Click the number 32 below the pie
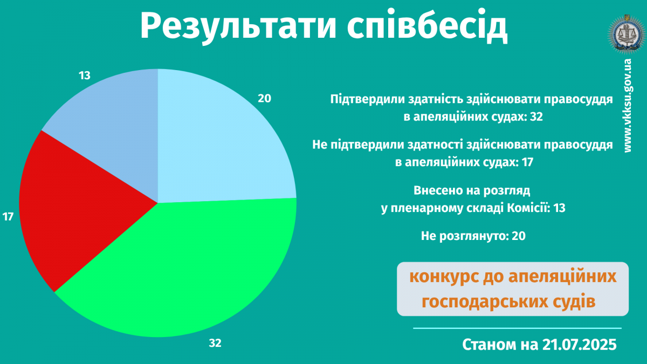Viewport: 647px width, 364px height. [x=215, y=343]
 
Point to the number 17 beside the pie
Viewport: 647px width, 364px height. [x=8, y=217]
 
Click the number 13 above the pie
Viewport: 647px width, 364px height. [x=85, y=75]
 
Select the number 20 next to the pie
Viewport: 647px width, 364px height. [x=264, y=99]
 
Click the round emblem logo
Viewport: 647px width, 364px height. [x=627, y=35]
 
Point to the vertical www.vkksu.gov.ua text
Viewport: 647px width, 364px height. [x=628, y=106]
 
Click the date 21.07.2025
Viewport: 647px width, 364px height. [x=579, y=345]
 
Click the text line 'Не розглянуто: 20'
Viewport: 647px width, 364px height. [x=473, y=236]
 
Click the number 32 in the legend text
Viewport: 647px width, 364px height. [x=536, y=116]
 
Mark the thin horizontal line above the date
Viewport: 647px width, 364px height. [x=517, y=328]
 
